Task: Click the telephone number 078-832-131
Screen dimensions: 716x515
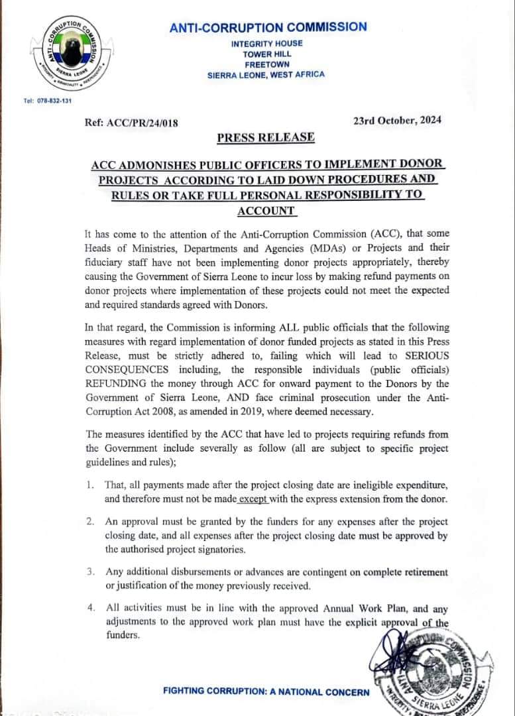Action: click(x=47, y=101)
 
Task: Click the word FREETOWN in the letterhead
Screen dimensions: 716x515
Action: click(x=266, y=64)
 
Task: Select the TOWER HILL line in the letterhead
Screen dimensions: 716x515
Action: click(x=266, y=54)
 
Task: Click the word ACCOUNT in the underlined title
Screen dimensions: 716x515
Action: click(x=266, y=211)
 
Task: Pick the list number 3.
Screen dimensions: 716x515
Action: click(x=89, y=571)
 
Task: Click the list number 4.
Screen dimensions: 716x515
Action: click(x=89, y=607)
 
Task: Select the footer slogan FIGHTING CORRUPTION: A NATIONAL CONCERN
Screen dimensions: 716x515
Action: click(x=266, y=692)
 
